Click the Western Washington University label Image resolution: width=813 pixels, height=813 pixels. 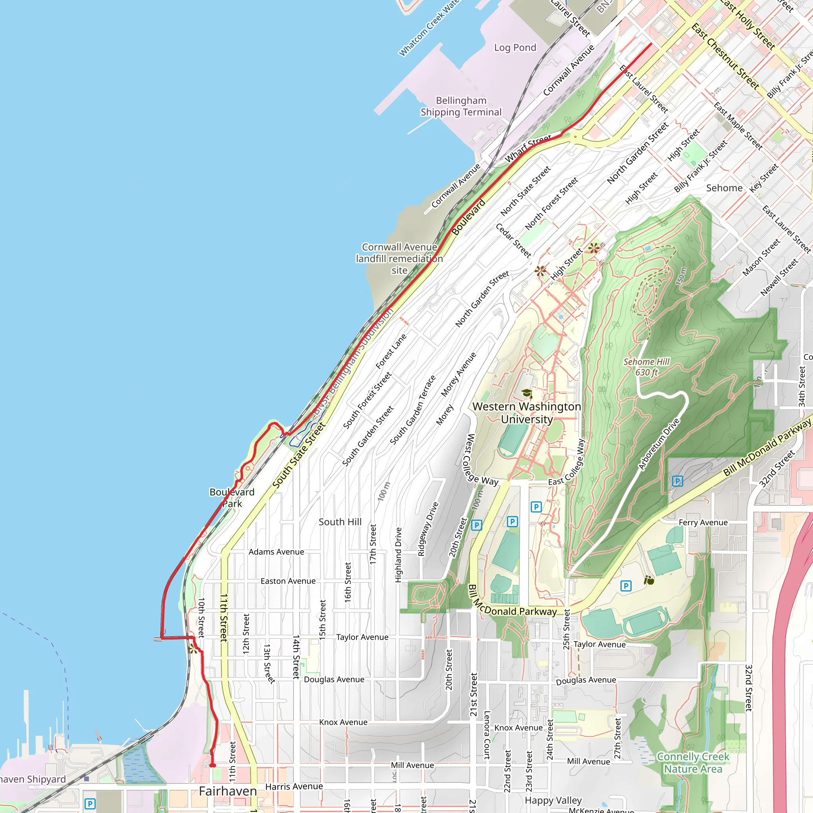coord(526,413)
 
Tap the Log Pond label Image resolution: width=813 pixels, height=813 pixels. coord(515,48)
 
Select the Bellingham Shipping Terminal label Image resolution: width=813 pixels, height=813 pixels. coord(461,106)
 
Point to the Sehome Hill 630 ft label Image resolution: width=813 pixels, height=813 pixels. coord(646,367)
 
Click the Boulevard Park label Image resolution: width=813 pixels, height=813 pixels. coord(232,498)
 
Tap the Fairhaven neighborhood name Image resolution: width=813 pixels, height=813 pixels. coord(227,791)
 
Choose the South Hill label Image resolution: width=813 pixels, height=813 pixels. coord(340,522)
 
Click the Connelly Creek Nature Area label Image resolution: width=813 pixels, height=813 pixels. coord(693,763)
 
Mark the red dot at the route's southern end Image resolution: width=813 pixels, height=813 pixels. coord(213,765)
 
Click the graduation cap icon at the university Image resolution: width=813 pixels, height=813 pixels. coord(526,393)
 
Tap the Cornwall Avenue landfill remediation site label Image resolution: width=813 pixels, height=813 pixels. coord(399,258)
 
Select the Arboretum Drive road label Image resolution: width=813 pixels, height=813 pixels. coord(659,444)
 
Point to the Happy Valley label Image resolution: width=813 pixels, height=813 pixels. coord(553,800)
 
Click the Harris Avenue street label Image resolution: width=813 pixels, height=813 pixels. coord(294,786)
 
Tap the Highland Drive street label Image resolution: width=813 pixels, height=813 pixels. coord(398,555)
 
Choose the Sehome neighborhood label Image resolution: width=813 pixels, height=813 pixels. coord(724,188)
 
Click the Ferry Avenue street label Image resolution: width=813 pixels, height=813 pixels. coord(703,522)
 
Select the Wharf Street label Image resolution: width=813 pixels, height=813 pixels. coord(528,148)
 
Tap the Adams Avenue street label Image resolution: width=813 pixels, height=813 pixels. coord(276,552)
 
